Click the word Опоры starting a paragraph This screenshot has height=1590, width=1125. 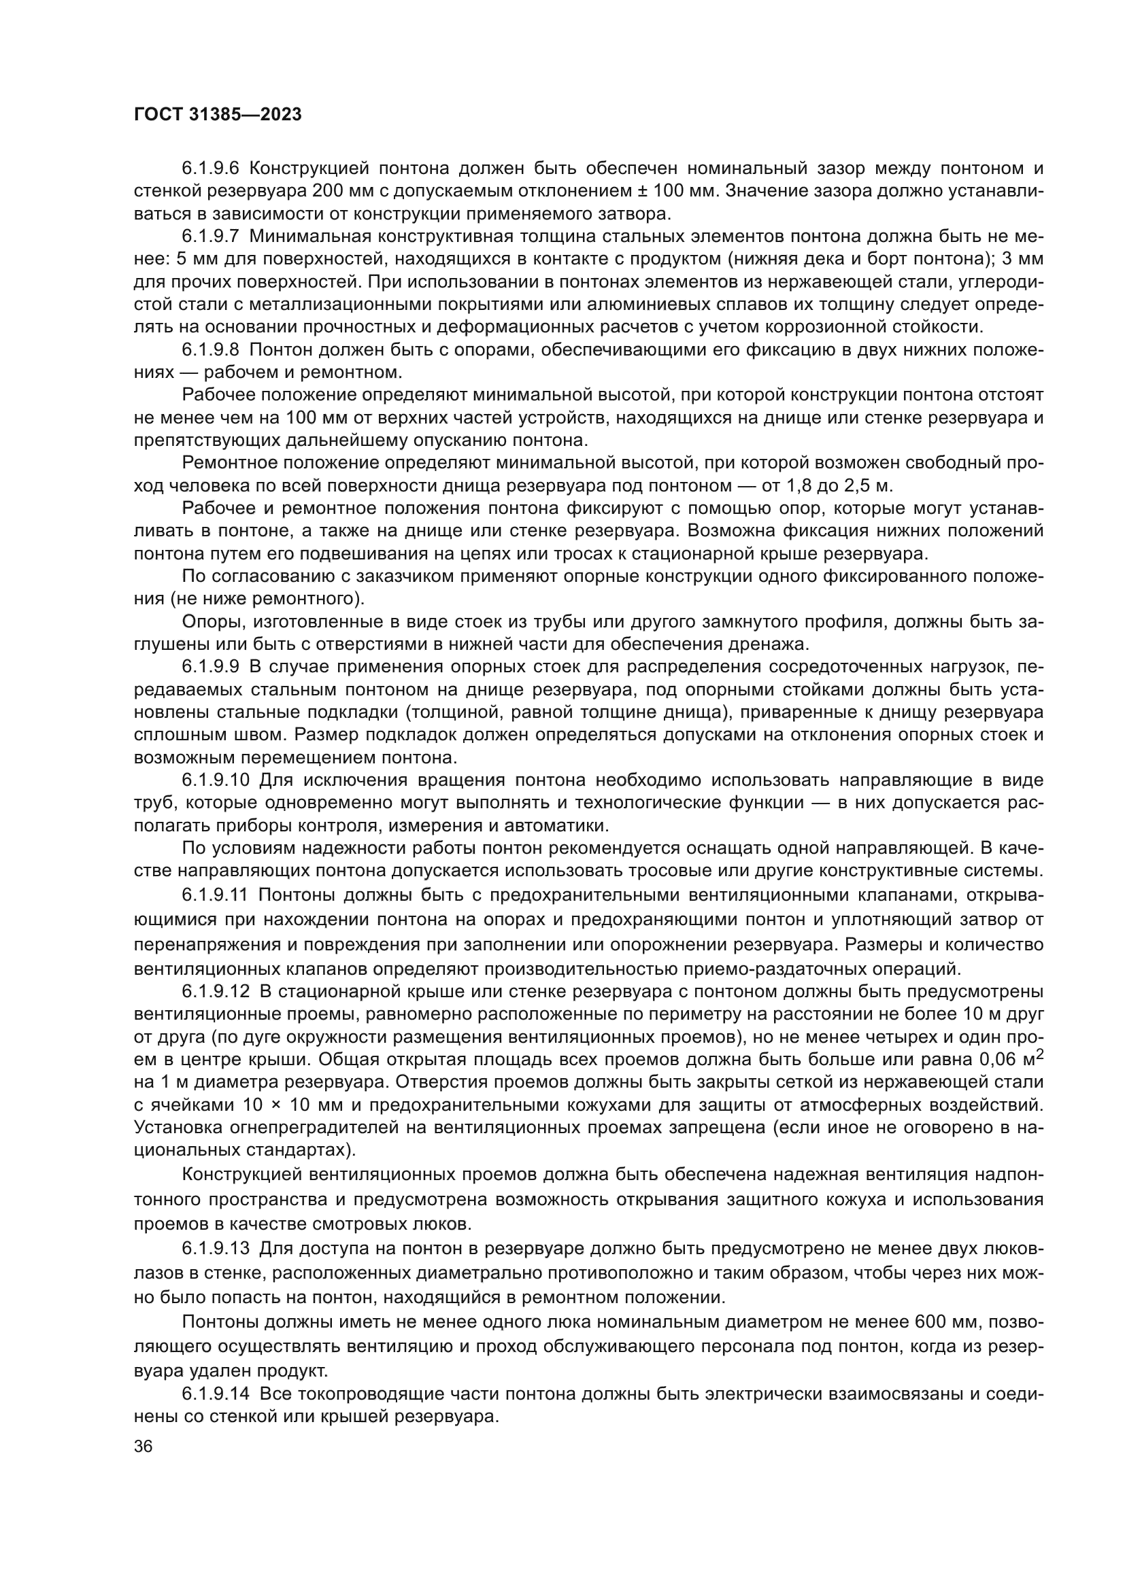[207, 621]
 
